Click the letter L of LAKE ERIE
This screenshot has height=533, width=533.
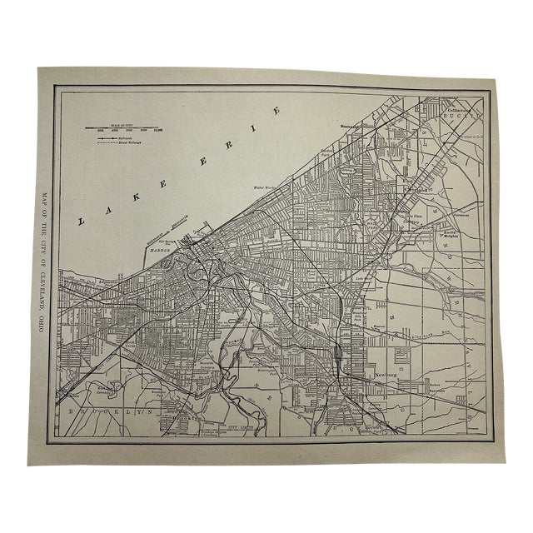81,221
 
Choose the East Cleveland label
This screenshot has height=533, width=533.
411,186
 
